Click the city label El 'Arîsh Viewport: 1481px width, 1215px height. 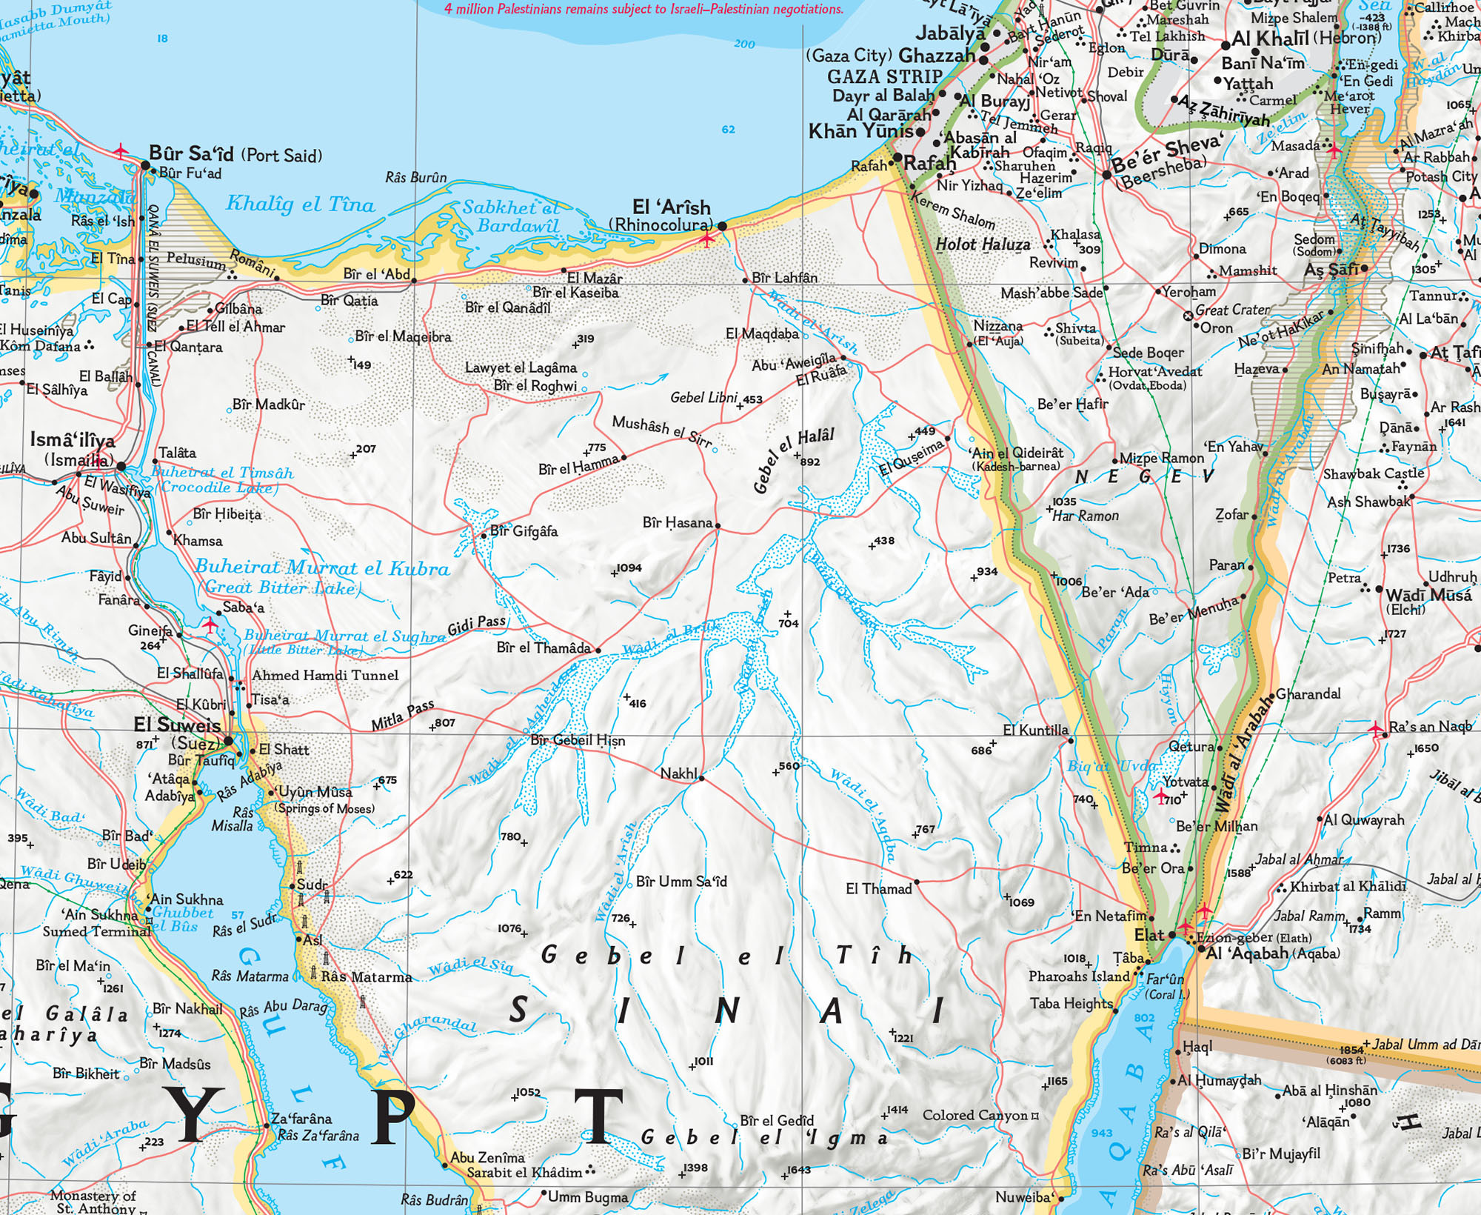[x=671, y=207]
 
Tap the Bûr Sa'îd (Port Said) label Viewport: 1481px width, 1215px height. [x=235, y=155]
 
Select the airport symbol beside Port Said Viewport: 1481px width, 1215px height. [x=121, y=152]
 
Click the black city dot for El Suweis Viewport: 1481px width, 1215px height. [x=230, y=741]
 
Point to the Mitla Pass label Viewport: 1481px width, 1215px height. [x=402, y=715]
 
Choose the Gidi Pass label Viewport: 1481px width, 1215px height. [x=476, y=626]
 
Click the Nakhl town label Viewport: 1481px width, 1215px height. [x=678, y=773]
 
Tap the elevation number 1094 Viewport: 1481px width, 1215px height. [x=629, y=568]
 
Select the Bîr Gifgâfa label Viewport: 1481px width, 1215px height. [x=524, y=531]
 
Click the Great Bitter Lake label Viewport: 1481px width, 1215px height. [x=279, y=587]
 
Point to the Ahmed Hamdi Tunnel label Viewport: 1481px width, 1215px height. [x=325, y=675]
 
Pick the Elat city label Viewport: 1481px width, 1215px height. [x=1149, y=935]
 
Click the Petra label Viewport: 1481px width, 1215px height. [x=1344, y=578]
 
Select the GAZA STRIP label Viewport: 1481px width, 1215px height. [x=884, y=76]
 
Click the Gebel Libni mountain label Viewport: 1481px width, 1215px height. [x=703, y=398]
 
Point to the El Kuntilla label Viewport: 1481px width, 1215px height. [x=1035, y=730]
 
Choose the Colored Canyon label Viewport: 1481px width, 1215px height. [x=974, y=1116]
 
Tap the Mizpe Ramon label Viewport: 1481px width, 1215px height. [x=1161, y=459]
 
